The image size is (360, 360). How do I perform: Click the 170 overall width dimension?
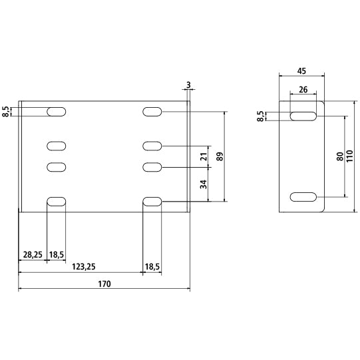pyautogui.click(x=104, y=284)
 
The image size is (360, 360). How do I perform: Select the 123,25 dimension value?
pyautogui.click(x=84, y=267)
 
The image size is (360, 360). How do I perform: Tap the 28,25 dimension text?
pyautogui.click(x=33, y=255)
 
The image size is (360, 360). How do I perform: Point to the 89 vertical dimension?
pyautogui.click(x=220, y=156)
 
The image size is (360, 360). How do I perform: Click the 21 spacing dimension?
pyautogui.click(x=204, y=156)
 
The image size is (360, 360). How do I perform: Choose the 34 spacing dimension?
pyautogui.click(x=204, y=184)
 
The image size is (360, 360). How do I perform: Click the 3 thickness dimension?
pyautogui.click(x=188, y=85)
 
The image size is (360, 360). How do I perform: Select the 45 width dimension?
pyautogui.click(x=301, y=71)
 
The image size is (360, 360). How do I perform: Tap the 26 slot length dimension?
pyautogui.click(x=303, y=89)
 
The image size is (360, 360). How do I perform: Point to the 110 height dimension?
pyautogui.click(x=349, y=156)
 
